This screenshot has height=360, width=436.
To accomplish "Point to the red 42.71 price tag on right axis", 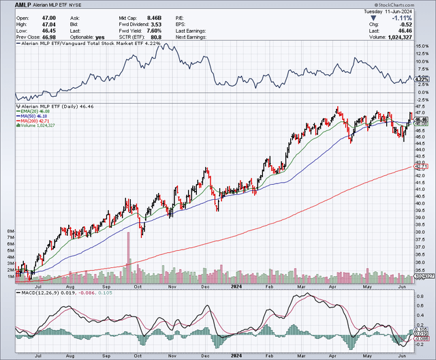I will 421,166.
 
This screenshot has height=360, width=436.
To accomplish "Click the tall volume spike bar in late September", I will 127,265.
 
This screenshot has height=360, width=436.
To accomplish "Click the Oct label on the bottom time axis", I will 138,286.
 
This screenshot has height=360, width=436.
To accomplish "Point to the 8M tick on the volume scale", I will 10,232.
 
